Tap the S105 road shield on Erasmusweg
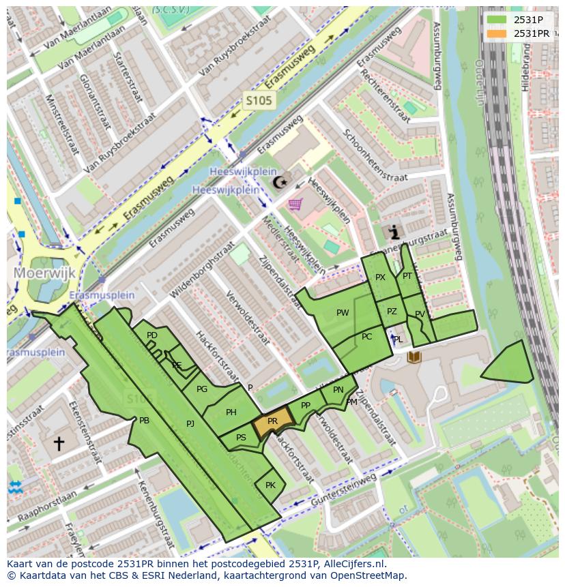pos(259,101)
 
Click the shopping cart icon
pos(295,204)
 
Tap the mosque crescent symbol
pos(280,182)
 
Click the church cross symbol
pos(59,444)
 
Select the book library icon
pos(414,357)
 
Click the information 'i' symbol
pos(394,232)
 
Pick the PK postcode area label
pos(270,485)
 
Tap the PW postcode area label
pos(343,313)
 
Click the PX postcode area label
pos(380,277)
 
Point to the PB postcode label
pos(144,421)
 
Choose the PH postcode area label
pos(231,412)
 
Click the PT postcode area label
pos(407,276)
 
